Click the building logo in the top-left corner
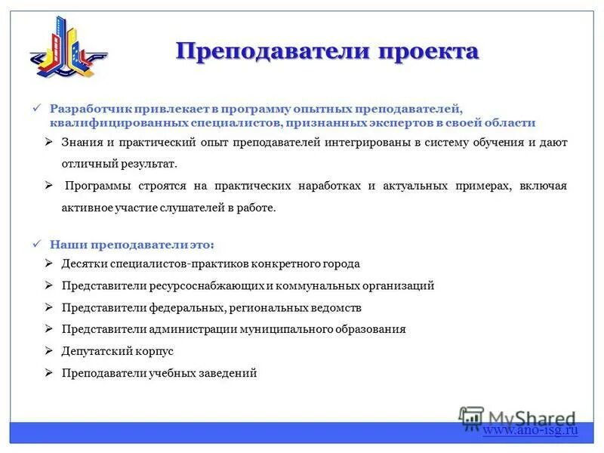pyautogui.click(x=69, y=50)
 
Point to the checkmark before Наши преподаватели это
pyautogui.click(x=39, y=245)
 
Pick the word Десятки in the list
pyautogui.click(x=85, y=264)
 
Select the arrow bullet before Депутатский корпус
pyautogui.click(x=48, y=351)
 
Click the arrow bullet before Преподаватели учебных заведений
pyautogui.click(x=48, y=373)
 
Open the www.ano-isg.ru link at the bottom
pyautogui.click(x=530, y=430)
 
